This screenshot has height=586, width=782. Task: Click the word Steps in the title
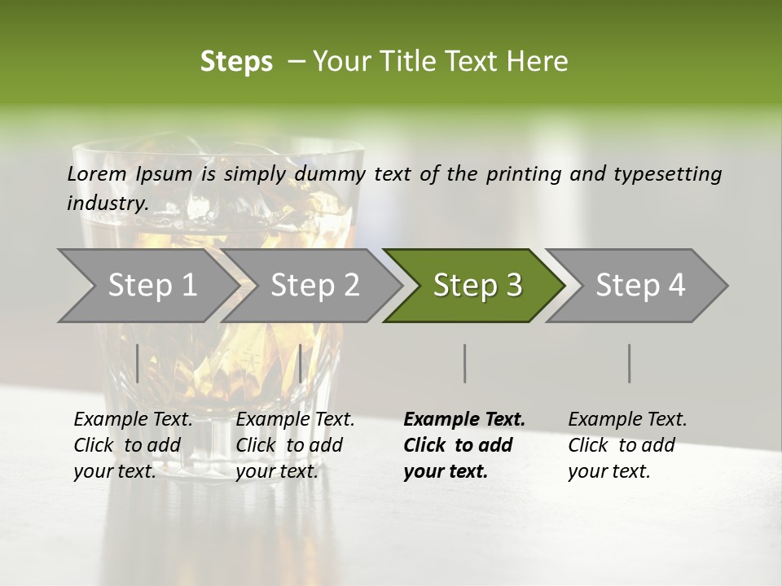click(236, 62)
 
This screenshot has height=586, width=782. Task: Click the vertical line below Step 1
click(138, 363)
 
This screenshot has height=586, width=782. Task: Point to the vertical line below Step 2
click(301, 363)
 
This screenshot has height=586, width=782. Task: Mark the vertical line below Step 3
click(465, 363)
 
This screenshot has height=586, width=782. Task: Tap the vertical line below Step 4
click(630, 363)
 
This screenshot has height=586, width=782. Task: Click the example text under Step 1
click(133, 445)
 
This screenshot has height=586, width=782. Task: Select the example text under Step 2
click(295, 445)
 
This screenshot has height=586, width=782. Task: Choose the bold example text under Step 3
click(464, 445)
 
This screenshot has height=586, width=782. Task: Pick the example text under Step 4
click(627, 445)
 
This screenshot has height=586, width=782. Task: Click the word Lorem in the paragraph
click(97, 174)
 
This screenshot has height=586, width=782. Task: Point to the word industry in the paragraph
click(106, 203)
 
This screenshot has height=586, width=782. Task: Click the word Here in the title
click(541, 62)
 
